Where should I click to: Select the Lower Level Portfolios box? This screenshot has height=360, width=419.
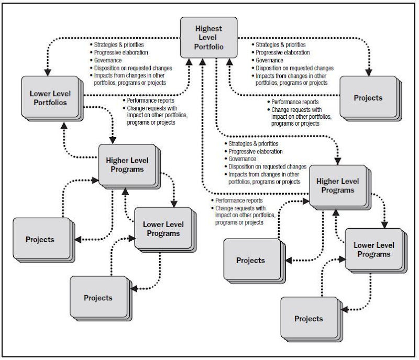click(50, 97)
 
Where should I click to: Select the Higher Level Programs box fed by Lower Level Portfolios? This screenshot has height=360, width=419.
click(126, 165)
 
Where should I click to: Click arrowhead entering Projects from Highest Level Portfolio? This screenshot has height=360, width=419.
click(370, 72)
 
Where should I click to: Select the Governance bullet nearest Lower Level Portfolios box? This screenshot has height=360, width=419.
click(108, 60)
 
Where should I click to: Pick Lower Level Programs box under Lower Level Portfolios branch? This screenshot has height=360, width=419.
click(163, 228)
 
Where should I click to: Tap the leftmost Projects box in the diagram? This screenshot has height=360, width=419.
click(40, 239)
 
